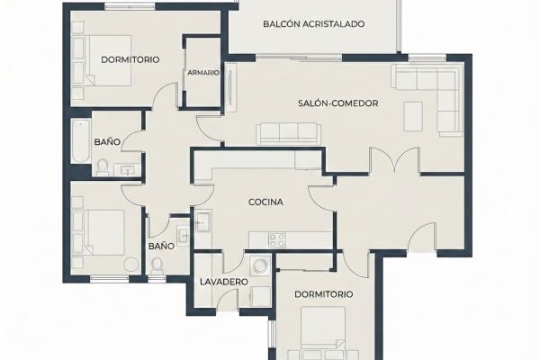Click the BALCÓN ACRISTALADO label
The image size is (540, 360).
(x=314, y=24)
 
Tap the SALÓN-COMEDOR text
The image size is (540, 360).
(x=337, y=103)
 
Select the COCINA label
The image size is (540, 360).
(x=265, y=202)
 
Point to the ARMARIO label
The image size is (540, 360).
(x=203, y=73)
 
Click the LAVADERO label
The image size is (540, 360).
(x=224, y=282)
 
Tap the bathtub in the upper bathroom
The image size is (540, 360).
(x=81, y=141)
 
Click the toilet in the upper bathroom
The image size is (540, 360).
(x=102, y=167)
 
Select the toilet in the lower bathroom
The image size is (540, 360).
(x=157, y=265)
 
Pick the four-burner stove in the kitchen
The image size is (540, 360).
(x=277, y=240)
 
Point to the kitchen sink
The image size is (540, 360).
(x=202, y=222)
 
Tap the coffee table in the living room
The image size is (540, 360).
(x=413, y=116)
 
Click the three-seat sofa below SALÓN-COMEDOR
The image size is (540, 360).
(x=289, y=134)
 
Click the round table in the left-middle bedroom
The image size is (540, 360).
(x=131, y=265)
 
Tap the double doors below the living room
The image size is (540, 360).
(x=395, y=159)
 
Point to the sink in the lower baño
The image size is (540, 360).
(x=184, y=235)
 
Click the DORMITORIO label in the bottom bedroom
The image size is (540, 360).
(x=324, y=294)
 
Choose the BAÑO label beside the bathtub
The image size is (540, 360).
(x=107, y=142)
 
